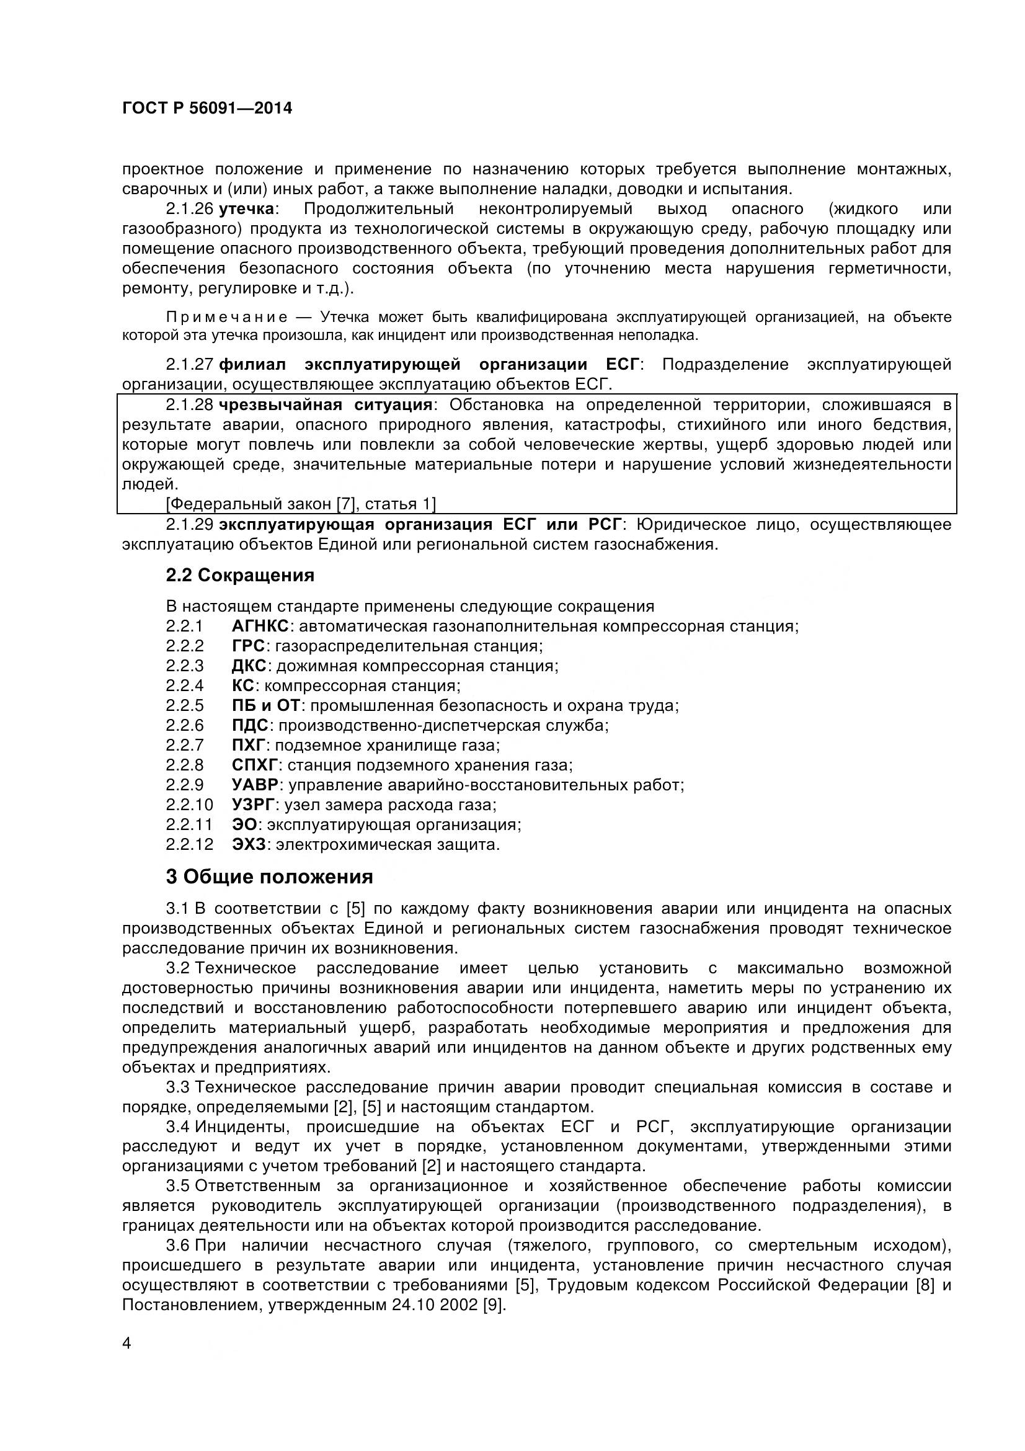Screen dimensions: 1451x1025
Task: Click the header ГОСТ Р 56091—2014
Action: (x=207, y=109)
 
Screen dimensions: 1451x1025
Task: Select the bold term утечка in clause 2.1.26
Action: (x=246, y=209)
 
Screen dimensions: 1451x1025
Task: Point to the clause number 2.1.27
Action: (x=190, y=365)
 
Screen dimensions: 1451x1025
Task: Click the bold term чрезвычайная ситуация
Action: (x=326, y=405)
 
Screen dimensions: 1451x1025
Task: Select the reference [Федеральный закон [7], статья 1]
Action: (x=301, y=504)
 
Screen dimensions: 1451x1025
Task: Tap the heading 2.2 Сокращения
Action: (x=240, y=576)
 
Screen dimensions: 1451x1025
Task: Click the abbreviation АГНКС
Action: (x=260, y=627)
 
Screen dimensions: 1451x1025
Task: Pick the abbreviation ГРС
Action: (x=248, y=646)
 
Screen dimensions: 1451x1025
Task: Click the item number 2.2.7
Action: (x=185, y=746)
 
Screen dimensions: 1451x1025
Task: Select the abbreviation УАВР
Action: (x=255, y=785)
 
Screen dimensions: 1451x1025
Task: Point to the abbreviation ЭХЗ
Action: (x=249, y=845)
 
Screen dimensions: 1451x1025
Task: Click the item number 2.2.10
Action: (x=190, y=805)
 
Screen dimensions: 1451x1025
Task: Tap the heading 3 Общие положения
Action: (x=269, y=877)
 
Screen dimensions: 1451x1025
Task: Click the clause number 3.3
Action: (x=177, y=1087)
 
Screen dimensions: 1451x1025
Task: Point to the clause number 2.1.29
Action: (x=190, y=525)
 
